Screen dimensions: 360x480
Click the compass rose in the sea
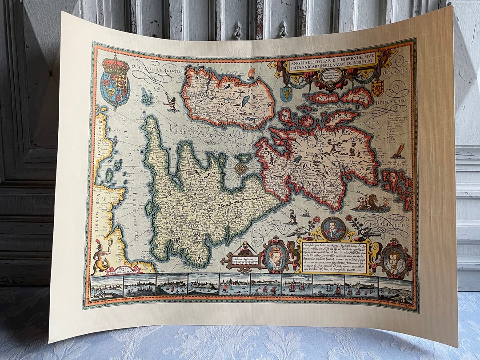point(241,168)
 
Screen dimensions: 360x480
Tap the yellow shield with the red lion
point(377,87)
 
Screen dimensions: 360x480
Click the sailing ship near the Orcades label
point(398,151)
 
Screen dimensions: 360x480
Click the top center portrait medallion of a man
point(333,228)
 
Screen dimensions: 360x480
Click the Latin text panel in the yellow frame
point(334,257)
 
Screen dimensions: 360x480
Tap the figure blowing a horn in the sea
point(170,102)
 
